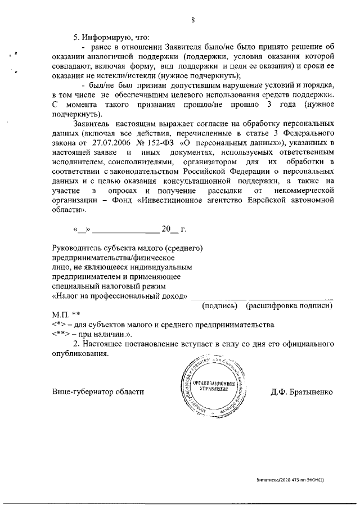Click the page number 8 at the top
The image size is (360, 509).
click(193, 21)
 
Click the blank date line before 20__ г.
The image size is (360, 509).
click(125, 230)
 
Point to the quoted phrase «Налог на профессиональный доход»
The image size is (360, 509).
click(119, 296)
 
